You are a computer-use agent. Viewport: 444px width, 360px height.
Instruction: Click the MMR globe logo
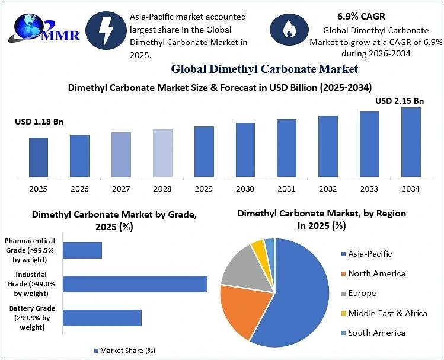[x=44, y=28]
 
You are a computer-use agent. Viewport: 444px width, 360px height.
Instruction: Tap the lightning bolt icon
[x=106, y=31]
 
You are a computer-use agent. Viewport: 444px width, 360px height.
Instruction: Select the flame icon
[x=289, y=30]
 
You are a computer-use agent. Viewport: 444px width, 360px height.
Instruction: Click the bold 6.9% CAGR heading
[x=361, y=17]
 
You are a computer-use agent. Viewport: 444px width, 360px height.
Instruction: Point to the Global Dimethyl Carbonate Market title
[x=264, y=69]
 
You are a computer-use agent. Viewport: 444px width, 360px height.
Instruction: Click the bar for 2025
[x=39, y=157]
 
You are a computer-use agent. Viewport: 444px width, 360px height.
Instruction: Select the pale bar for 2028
[x=162, y=153]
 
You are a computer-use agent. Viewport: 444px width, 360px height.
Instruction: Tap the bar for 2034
[x=411, y=142]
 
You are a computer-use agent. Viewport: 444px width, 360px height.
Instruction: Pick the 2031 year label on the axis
[x=286, y=189]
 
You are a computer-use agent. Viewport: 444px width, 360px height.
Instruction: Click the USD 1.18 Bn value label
[x=39, y=122]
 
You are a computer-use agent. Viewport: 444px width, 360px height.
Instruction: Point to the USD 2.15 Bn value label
[x=400, y=101]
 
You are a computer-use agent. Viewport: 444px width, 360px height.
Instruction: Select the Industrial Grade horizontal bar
[x=135, y=284]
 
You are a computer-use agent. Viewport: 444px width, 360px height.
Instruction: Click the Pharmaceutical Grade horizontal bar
[x=82, y=250]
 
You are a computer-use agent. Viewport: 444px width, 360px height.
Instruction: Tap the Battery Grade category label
[x=32, y=317]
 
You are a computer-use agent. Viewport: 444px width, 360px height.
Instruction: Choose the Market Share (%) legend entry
[x=124, y=351]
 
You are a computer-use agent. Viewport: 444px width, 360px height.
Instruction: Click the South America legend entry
[x=373, y=333]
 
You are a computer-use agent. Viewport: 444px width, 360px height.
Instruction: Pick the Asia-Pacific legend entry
[x=367, y=254]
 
